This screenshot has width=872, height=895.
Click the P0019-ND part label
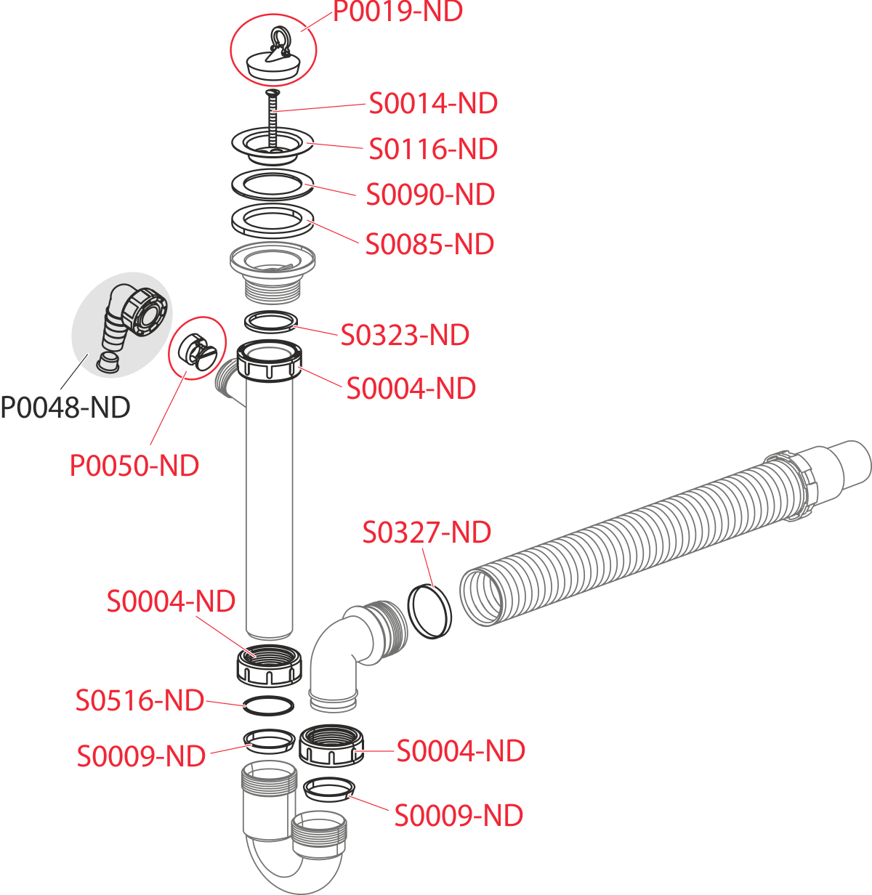pos(397,12)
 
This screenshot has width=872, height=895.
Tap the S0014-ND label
pos(433,103)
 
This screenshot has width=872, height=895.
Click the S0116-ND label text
pos(433,149)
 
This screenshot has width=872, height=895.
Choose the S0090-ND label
pos(430,195)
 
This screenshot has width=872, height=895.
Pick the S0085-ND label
pos(429,244)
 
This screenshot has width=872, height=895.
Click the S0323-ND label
pos(405,335)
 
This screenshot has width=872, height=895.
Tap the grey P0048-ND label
pos(65,407)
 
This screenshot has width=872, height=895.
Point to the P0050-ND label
pos(134,466)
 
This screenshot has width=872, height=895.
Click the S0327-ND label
pos(427,532)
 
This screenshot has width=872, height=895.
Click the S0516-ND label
pos(140,700)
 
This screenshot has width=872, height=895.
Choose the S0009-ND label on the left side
pos(142,756)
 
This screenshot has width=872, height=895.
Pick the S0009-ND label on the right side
pos(459,815)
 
